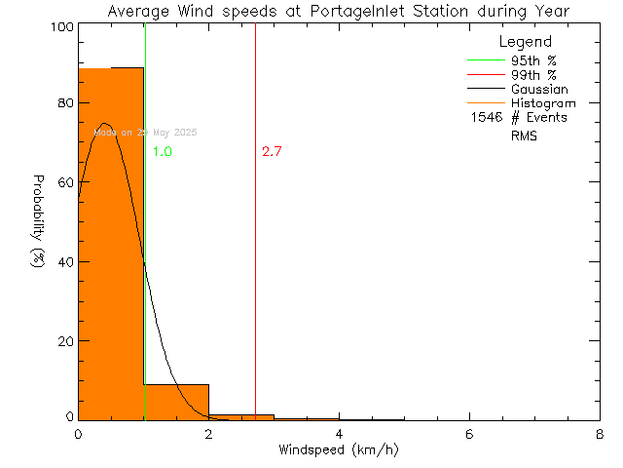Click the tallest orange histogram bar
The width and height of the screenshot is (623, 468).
point(110,244)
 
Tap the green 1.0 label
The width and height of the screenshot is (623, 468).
point(163,152)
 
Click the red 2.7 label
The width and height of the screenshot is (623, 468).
point(272,152)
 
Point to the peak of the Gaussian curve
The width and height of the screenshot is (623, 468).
point(104,124)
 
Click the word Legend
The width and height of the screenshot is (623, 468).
point(525,42)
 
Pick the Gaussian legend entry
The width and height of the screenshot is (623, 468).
point(540,89)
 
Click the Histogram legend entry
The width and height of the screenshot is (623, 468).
point(542,103)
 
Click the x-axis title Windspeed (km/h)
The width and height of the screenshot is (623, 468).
point(338,450)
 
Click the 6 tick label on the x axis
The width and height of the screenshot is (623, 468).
point(469,434)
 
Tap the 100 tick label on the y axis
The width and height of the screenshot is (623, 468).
point(60,26)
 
